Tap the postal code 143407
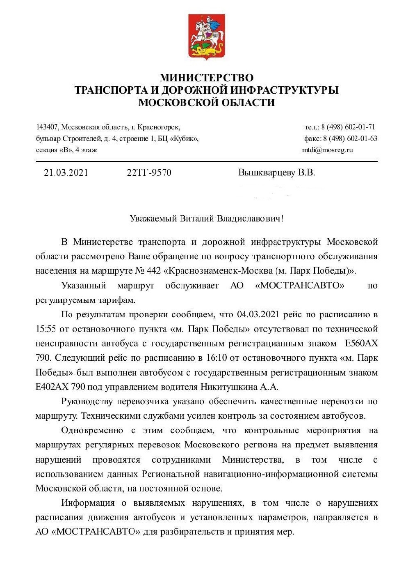pyautogui.click(x=47, y=127)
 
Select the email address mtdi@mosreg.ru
pyautogui.click(x=327, y=150)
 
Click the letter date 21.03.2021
pyautogui.click(x=66, y=173)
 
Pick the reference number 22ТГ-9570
pyautogui.click(x=149, y=173)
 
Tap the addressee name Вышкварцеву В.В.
pyautogui.click(x=276, y=173)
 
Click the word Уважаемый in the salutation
pyautogui.click(x=153, y=218)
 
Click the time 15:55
pyautogui.click(x=46, y=329)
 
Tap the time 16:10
pyautogui.click(x=216, y=358)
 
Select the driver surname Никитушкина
pyautogui.click(x=228, y=387)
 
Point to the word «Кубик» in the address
pyautogui.click(x=184, y=138)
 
